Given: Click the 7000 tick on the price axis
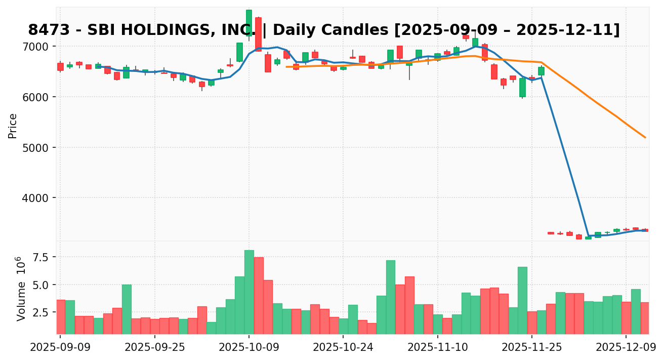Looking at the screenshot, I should [x=37, y=47].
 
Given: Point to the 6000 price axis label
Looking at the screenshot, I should [x=37, y=97].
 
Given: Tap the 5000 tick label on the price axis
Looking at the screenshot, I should [x=37, y=148].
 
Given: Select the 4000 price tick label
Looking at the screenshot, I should [x=37, y=198].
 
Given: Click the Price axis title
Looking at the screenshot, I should [x=13, y=126].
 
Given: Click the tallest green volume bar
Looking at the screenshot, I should [x=249, y=292].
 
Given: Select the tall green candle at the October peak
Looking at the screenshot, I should [x=249, y=23].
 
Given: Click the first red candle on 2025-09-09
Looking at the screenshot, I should [x=60, y=66].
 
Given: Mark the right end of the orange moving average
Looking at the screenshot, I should [x=645, y=137].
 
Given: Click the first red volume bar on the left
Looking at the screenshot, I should [x=61, y=316].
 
